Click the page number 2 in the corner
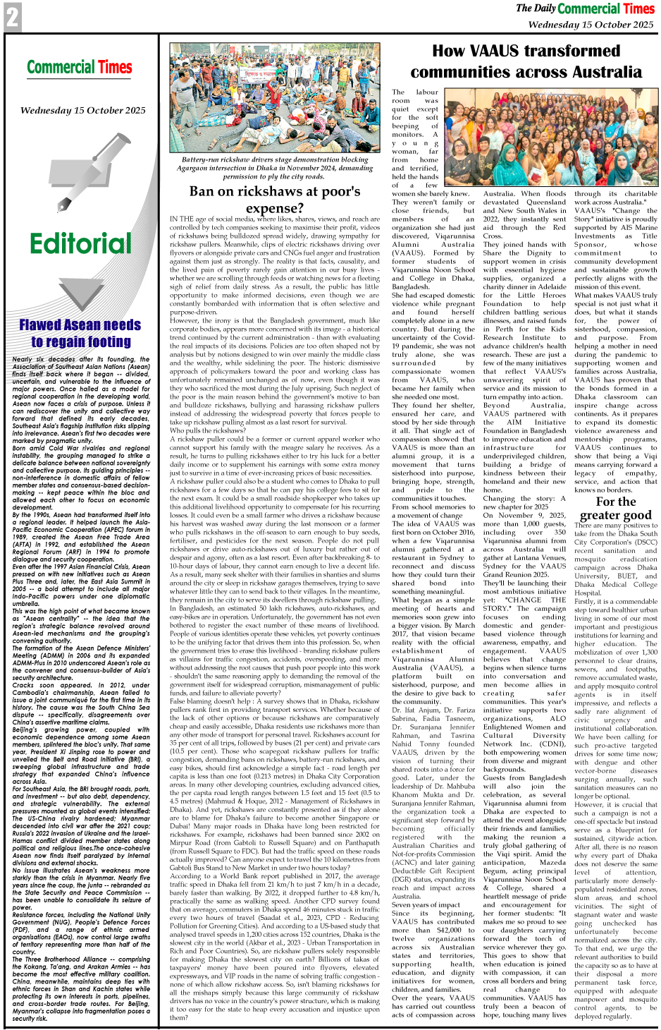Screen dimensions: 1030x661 point(12,18)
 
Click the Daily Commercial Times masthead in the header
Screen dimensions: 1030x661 point(585,8)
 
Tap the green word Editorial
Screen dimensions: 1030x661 point(80,243)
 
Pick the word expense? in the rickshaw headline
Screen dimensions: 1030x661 point(274,208)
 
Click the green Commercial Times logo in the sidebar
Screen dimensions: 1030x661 point(80,68)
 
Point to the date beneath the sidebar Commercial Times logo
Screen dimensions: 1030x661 point(82,111)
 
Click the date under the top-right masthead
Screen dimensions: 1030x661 point(591,25)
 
